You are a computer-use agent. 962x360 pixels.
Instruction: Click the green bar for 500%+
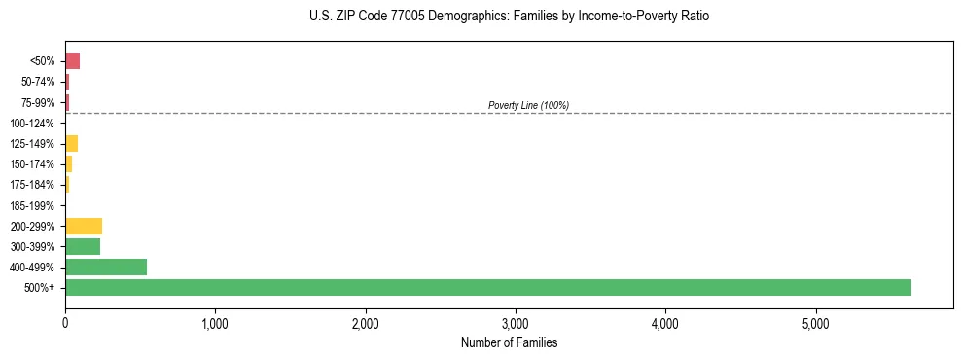click(487, 287)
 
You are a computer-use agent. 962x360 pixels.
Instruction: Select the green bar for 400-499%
click(106, 267)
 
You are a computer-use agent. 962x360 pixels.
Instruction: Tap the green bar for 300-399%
click(83, 246)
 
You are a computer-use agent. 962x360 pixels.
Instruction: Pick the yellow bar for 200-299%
click(84, 226)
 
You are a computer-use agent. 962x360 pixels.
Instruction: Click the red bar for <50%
click(72, 61)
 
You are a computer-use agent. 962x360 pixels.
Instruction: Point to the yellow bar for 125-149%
click(71, 144)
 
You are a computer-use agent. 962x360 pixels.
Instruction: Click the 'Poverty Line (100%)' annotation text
click(528, 105)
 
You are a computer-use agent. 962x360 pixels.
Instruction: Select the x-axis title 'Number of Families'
click(509, 342)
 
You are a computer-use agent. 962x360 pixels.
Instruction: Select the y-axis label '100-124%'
click(32, 124)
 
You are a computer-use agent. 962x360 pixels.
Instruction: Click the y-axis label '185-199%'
click(32, 205)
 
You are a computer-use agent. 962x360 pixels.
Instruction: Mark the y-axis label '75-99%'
click(36, 102)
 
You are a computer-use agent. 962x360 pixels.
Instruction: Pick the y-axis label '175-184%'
click(32, 185)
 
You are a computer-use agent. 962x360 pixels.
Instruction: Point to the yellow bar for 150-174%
click(68, 164)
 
